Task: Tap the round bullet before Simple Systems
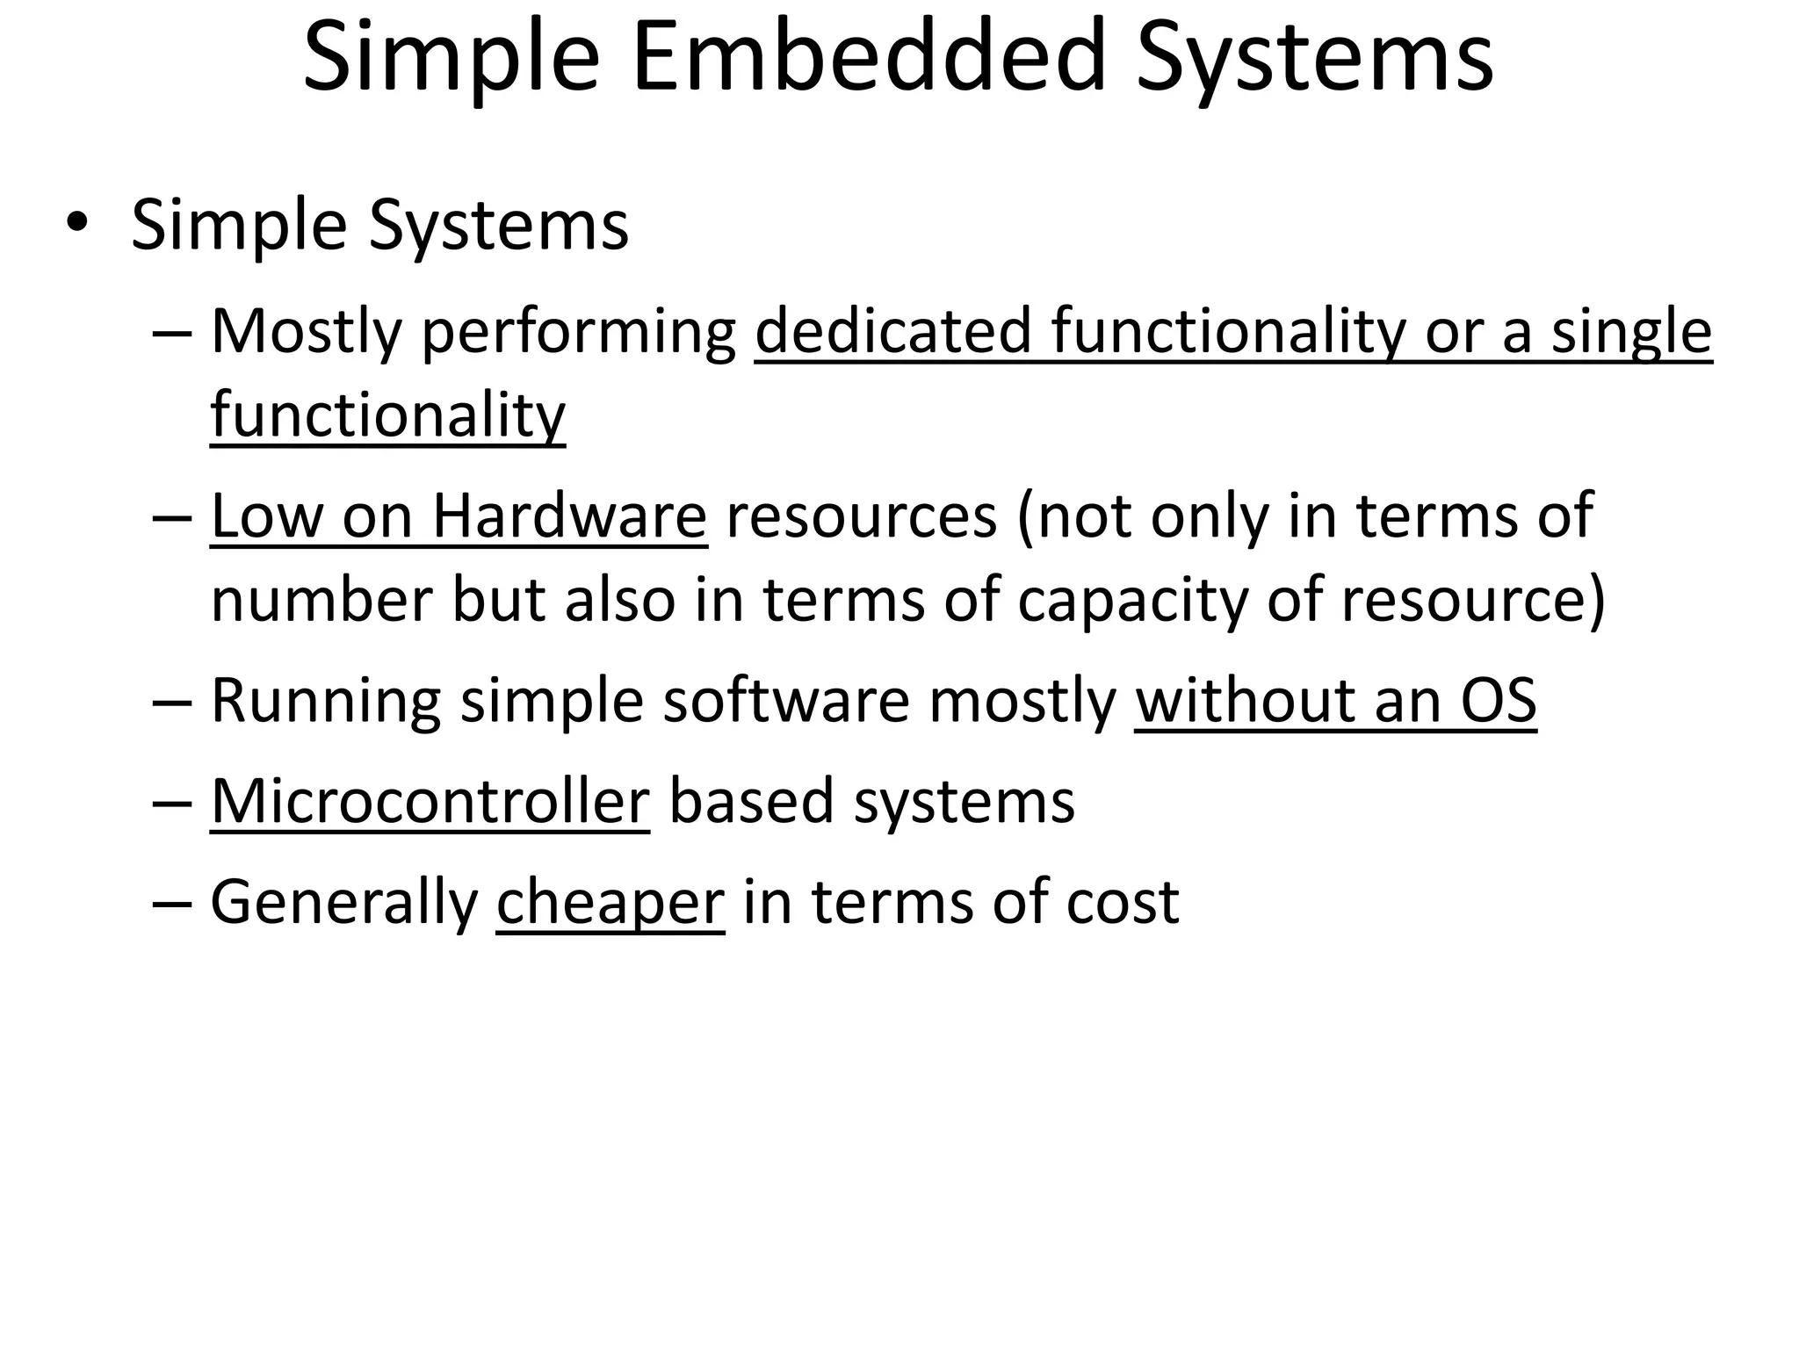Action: pyautogui.click(x=76, y=223)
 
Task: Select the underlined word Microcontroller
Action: pyautogui.click(x=430, y=801)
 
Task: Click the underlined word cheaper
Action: pyautogui.click(x=611, y=902)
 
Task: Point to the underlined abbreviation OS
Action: pyautogui.click(x=1499, y=701)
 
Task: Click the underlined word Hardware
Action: pyautogui.click(x=569, y=516)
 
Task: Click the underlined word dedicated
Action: pyautogui.click(x=892, y=331)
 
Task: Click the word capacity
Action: pyautogui.click(x=1132, y=601)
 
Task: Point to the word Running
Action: pyautogui.click(x=326, y=702)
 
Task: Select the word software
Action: pyautogui.click(x=786, y=701)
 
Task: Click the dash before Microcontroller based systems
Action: pyautogui.click(x=171, y=803)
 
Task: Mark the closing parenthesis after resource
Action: pyautogui.click(x=1596, y=601)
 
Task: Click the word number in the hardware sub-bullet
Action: pyautogui.click(x=322, y=601)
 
